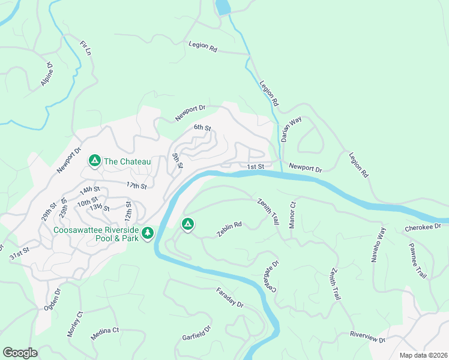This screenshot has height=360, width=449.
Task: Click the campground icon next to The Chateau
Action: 94,161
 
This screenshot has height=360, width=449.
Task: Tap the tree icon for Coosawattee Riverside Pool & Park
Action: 147,232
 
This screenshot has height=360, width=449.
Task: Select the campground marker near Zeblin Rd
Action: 187,224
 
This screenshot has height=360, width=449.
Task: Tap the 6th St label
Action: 202,128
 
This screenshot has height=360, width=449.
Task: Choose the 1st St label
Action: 255,166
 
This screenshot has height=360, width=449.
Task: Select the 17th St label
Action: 136,186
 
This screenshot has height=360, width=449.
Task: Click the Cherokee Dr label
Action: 423,227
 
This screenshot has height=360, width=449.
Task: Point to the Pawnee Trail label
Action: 417,260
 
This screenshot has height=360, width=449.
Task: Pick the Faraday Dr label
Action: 230,298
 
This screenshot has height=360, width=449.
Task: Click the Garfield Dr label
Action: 197,334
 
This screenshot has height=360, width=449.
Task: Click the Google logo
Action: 20,353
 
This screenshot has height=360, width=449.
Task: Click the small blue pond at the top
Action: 222,7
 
